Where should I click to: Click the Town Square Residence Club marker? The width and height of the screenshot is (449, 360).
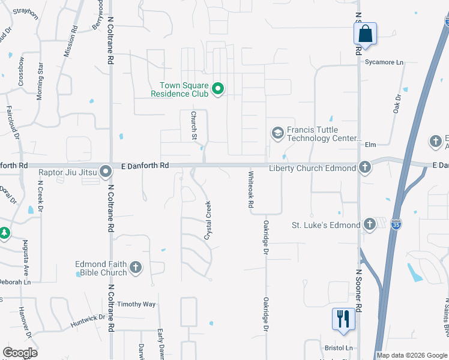pos(218,90)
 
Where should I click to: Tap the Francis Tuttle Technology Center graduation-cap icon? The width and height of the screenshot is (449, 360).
pos(277,133)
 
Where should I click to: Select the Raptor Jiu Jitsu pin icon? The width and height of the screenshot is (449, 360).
pos(106,172)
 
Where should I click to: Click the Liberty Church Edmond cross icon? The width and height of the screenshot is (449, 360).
pos(364,167)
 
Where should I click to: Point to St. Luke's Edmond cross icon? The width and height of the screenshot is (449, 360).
pos(370,224)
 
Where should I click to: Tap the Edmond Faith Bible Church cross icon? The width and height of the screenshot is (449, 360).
pos(136,268)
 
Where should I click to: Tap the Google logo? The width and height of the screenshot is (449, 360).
pos(20,353)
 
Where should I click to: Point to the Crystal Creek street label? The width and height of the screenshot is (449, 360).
pos(208,220)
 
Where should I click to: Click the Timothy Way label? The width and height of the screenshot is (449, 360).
pos(136,304)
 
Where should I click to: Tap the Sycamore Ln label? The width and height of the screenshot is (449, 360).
pos(384,62)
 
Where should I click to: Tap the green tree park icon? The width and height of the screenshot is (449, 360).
pos(4,233)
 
